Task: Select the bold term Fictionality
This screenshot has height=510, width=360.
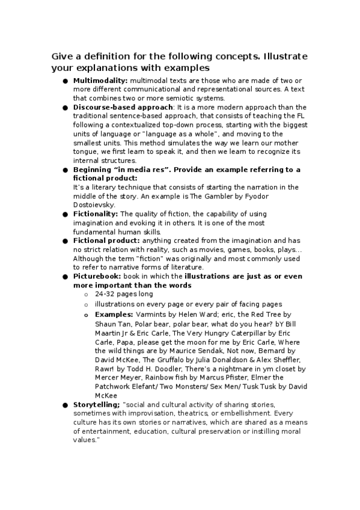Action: (96, 214)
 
